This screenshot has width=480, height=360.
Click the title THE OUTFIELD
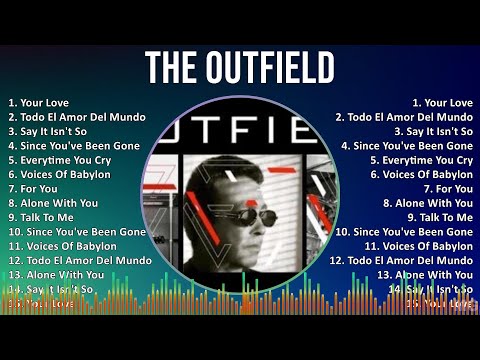240,68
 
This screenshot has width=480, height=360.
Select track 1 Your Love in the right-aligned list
442,103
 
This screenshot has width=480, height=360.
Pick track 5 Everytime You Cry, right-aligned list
421,160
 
